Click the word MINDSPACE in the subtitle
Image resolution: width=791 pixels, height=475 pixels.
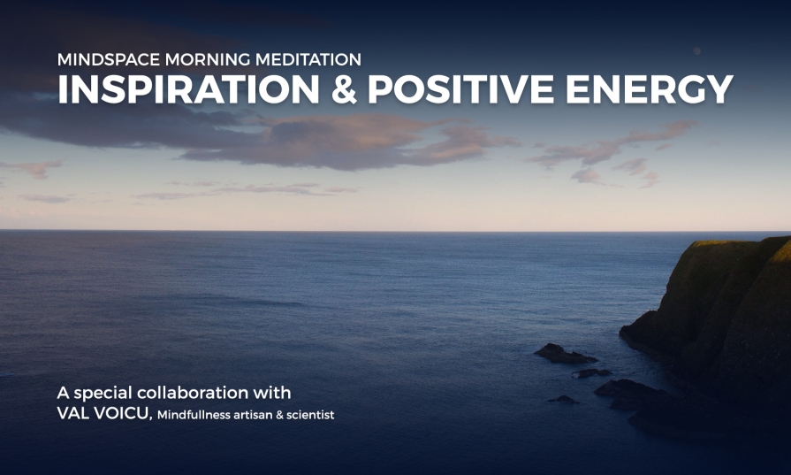(x=109, y=59)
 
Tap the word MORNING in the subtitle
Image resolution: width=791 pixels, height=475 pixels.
(x=208, y=59)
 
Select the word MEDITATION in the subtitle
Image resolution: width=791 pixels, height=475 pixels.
(x=308, y=59)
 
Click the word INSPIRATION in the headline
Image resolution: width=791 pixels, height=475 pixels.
(x=188, y=89)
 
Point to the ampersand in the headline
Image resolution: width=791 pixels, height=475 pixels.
(x=344, y=89)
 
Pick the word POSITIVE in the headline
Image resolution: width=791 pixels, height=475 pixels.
(x=461, y=89)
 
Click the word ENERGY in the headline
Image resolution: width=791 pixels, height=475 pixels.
(x=650, y=89)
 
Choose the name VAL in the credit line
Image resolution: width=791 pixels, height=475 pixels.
(x=70, y=414)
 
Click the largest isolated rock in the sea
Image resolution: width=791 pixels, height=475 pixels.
(x=565, y=354)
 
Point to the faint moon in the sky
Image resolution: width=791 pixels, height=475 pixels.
(x=696, y=51)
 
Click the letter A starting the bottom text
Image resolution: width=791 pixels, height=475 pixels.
(x=63, y=393)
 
